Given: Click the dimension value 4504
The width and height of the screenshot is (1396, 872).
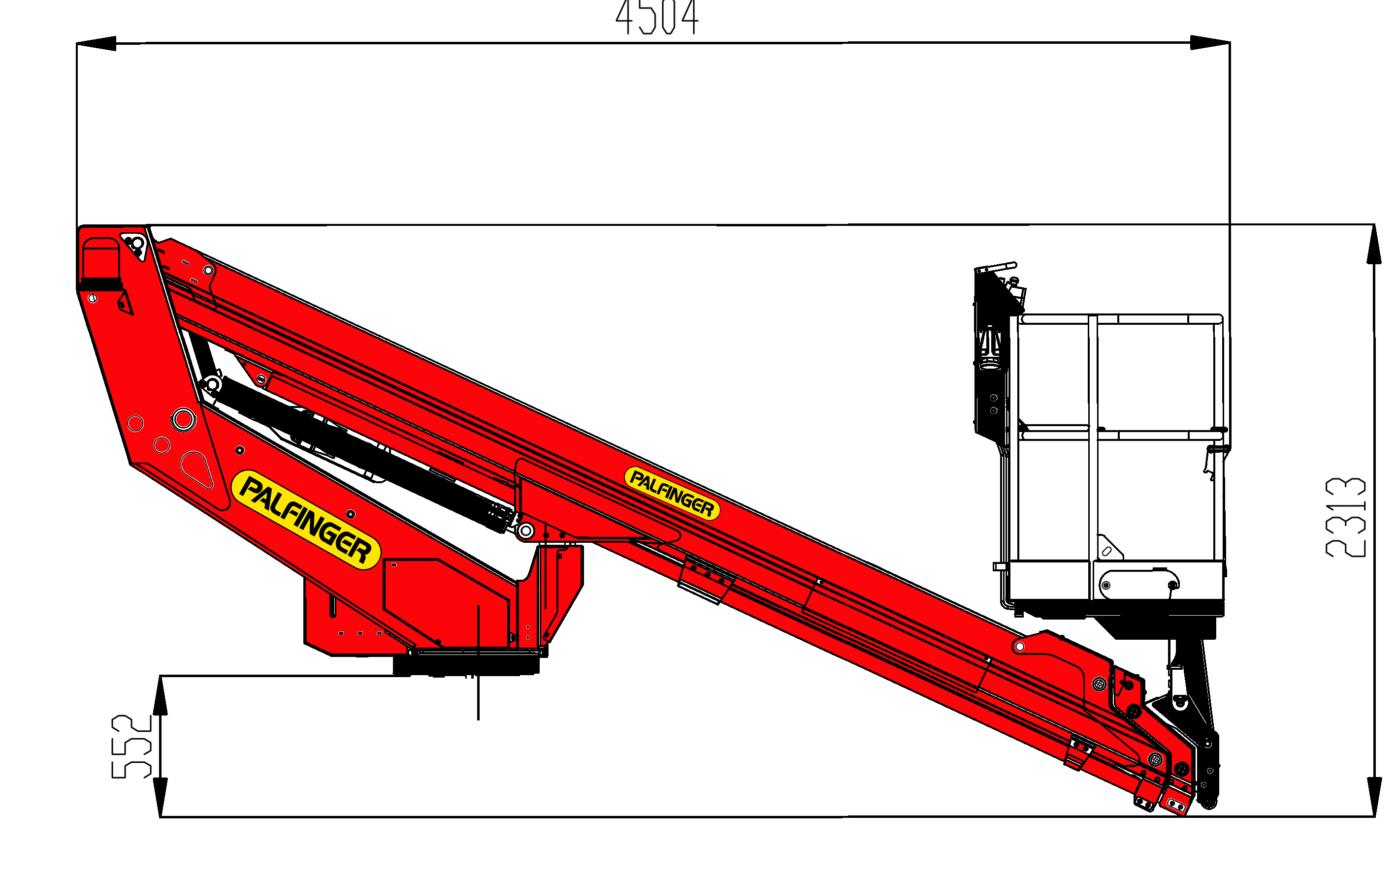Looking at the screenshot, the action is [x=657, y=17].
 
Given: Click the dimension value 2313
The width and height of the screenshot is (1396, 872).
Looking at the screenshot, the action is [x=1345, y=517].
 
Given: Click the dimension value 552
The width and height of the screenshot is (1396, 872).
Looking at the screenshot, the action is [x=131, y=747].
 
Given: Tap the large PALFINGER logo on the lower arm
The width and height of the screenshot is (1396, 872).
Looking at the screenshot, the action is [x=306, y=520].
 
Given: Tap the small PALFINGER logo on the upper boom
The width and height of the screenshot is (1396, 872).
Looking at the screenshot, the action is [x=672, y=493].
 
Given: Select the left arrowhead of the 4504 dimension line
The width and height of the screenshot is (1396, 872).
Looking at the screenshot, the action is [x=97, y=43].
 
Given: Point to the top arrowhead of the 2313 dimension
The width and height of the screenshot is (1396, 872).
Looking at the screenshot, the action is [x=1374, y=244].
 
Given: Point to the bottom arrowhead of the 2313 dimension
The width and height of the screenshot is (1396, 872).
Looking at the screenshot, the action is [x=1374, y=797].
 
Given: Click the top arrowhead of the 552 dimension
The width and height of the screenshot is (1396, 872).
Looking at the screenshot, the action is [x=161, y=695].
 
